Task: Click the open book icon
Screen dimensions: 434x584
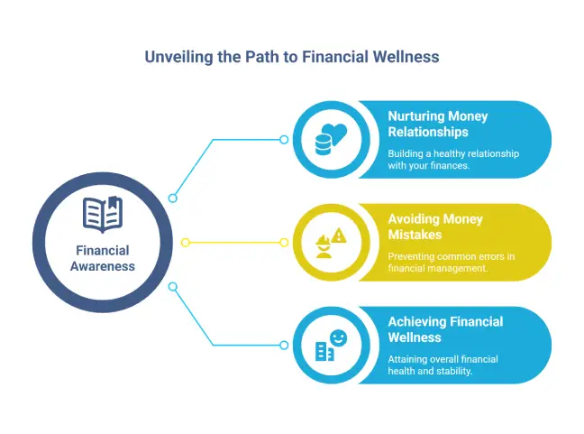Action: click(102, 214)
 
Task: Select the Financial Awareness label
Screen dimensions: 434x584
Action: click(102, 258)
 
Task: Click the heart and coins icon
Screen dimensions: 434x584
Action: click(330, 139)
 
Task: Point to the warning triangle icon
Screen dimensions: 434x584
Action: click(339, 235)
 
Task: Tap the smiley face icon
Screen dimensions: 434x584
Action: click(338, 337)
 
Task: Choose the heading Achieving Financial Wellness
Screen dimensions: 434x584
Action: click(445, 329)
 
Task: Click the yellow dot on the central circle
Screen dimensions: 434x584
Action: click(185, 242)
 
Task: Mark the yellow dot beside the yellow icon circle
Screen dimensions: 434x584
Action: click(284, 242)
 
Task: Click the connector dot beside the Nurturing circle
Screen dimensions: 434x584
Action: click(284, 140)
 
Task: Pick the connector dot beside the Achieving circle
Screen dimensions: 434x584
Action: click(284, 345)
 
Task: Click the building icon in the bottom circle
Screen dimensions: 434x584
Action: click(324, 352)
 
